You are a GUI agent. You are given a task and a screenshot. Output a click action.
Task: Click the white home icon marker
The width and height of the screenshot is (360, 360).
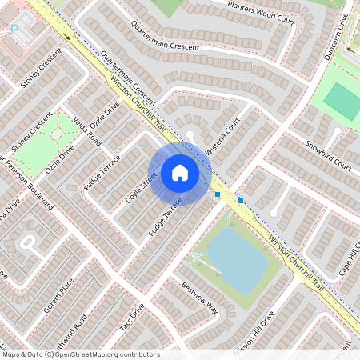180,173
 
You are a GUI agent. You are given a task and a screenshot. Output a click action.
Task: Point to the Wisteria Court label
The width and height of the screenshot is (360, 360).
223,137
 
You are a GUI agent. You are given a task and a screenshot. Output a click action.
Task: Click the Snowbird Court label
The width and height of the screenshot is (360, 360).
329,156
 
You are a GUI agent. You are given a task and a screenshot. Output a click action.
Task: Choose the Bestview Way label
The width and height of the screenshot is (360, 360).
199,297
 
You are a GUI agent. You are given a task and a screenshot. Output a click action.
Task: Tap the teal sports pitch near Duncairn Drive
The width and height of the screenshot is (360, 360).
342,102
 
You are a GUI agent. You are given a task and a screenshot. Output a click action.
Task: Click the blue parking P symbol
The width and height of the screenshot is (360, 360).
14,29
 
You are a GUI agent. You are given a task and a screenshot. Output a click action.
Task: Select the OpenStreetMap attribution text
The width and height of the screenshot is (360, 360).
80,354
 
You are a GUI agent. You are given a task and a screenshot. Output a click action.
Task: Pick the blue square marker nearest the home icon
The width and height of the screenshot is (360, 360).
218,194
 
